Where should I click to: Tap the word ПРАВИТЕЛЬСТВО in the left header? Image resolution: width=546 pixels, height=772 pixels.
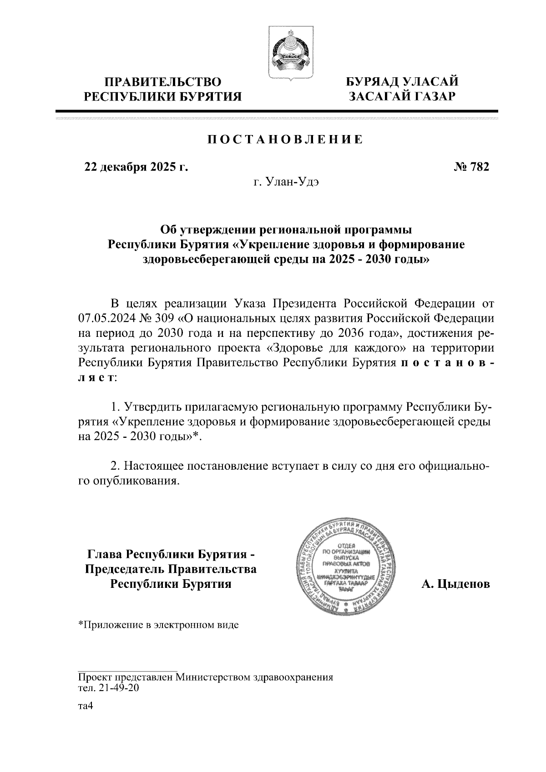[x=163, y=82]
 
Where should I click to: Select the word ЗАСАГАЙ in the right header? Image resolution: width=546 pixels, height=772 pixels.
[x=379, y=96]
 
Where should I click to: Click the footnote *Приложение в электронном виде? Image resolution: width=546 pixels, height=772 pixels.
[x=159, y=625]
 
